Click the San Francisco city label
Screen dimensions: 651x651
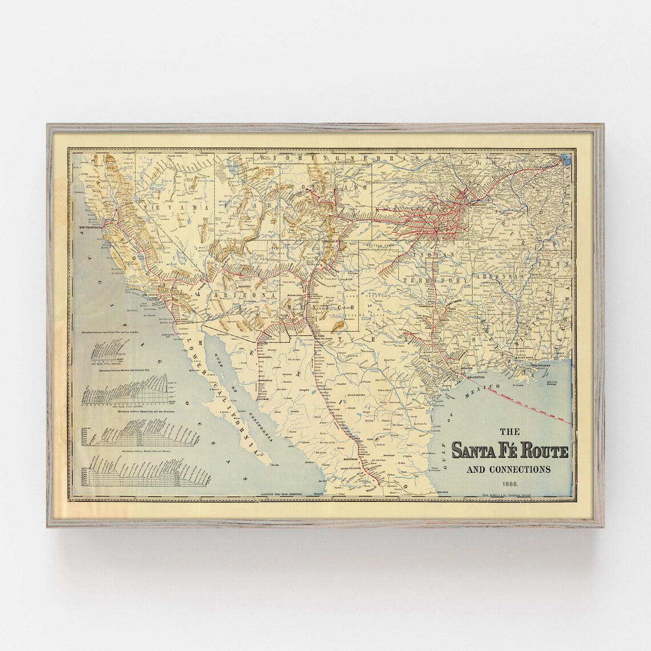tap(90, 228)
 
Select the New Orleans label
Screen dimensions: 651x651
tap(542, 365)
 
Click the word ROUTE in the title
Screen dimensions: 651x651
tap(538, 451)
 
